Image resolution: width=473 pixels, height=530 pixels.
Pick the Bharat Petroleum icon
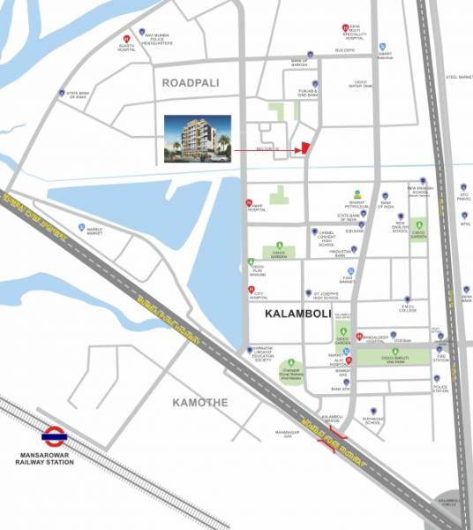pos(356,193)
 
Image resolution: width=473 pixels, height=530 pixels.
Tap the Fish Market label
pos(350,280)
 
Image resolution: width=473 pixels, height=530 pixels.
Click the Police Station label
pos(439,388)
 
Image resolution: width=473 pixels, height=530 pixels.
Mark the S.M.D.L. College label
pos(407,310)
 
